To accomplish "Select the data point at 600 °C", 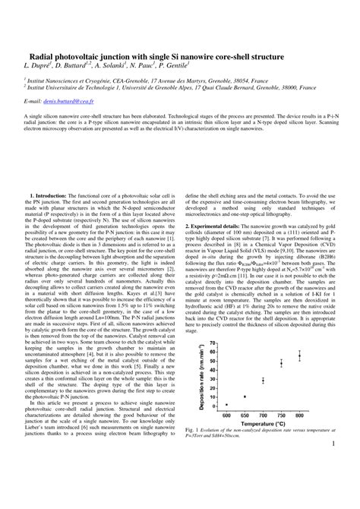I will click(x=226, y=406).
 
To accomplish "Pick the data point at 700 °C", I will click(x=263, y=381).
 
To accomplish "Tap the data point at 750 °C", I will click(x=281, y=364).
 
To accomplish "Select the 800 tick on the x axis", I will click(x=299, y=416).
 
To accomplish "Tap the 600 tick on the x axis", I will click(x=226, y=416).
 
